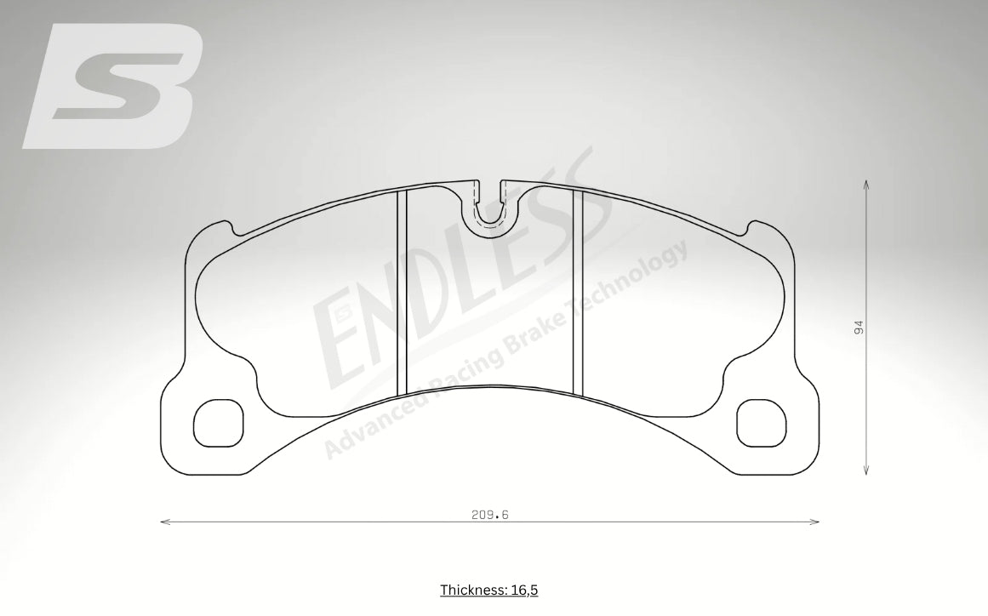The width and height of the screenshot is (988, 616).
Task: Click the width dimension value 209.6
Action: pos(489,514)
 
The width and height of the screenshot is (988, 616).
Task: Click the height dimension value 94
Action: pos(859,328)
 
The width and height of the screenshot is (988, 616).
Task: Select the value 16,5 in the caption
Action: pos(523,590)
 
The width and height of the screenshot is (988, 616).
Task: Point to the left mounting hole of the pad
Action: pos(219,423)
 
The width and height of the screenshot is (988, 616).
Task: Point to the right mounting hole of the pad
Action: pos(759,423)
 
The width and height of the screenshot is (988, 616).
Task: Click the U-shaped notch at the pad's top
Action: pos(488,208)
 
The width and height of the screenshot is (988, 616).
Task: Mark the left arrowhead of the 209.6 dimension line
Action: pos(163,522)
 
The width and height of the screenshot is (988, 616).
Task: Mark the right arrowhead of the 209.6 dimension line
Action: pos(816,522)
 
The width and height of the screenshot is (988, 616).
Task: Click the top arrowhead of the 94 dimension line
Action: pos(866,183)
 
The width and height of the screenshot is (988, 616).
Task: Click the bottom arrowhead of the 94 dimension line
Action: pos(866,471)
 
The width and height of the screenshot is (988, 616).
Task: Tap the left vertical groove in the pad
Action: pos(403,292)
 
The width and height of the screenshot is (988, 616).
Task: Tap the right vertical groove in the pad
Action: pos(578,292)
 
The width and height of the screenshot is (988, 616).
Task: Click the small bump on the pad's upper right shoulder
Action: pos(751,225)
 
